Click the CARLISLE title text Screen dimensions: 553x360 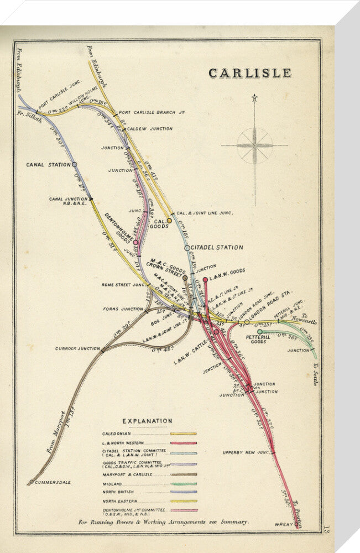pyautogui.click(x=249, y=73)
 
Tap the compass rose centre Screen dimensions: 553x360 pyautogui.click(x=254, y=146)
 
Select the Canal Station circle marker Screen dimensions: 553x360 pyautogui.click(x=74, y=164)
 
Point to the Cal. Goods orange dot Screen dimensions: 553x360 pyautogui.click(x=169, y=221)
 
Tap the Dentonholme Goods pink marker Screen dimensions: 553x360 pyautogui.click(x=135, y=242)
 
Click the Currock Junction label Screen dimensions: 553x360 pyautogui.click(x=77, y=349)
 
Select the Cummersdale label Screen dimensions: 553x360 pyautogui.click(x=53, y=482)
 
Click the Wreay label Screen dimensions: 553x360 pyautogui.click(x=283, y=524)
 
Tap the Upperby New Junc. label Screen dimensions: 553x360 pyautogui.click(x=246, y=452)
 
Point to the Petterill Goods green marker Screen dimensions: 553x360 pyautogui.click(x=259, y=332)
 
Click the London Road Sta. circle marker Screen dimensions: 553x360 pyautogui.click(x=247, y=321)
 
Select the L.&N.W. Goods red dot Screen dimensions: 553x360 pyautogui.click(x=205, y=280)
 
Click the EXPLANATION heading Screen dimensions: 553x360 pyautogui.click(x=147, y=421)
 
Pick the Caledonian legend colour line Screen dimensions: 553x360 pyautogui.click(x=183, y=434)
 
